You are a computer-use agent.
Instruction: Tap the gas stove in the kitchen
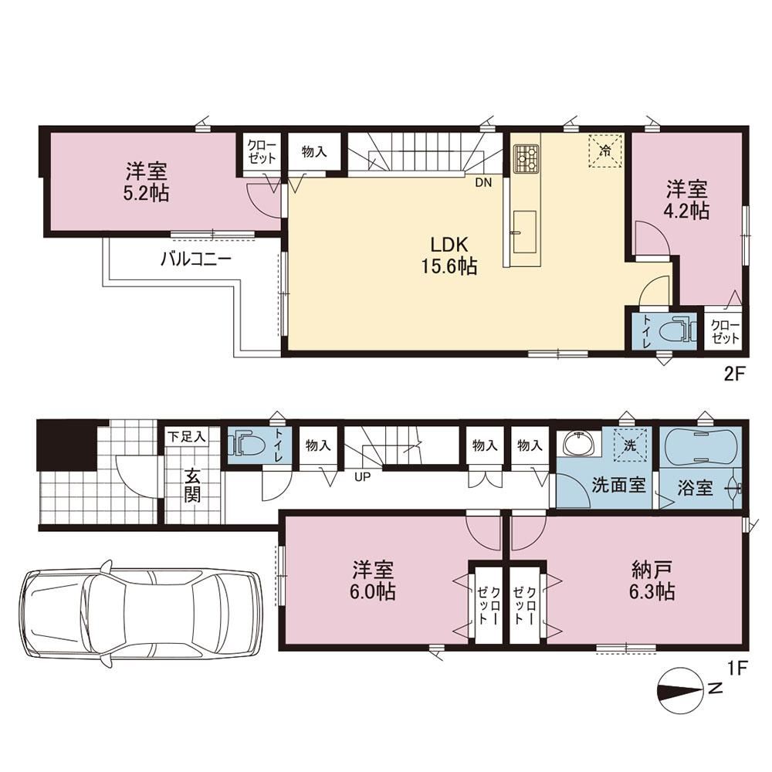pos(527,157)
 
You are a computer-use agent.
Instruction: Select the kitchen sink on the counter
pos(524,232)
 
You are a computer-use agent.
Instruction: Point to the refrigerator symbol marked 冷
pos(605,151)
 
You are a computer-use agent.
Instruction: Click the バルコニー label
pos(196,259)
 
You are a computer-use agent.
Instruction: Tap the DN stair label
pos(483,183)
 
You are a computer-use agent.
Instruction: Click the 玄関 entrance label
pos(192,486)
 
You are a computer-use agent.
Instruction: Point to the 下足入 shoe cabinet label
pos(187,436)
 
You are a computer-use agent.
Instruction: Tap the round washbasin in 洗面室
pos(580,445)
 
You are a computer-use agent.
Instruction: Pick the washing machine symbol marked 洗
pos(631,445)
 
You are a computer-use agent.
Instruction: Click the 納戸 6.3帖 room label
pos(652,581)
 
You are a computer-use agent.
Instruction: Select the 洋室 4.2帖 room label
pos(687,199)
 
